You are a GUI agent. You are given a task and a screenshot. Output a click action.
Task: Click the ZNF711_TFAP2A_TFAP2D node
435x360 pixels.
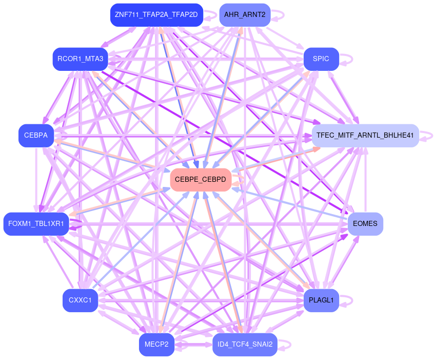[x=156, y=15]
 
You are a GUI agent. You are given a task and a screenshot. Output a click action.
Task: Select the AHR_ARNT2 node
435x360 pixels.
[x=245, y=15]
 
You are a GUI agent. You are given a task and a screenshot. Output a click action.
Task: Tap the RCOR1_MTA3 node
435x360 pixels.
[x=80, y=59]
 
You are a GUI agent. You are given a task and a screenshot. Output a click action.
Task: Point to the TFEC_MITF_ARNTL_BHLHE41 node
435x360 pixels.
[x=365, y=136]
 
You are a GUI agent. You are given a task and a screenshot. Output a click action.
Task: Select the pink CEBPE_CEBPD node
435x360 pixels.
[x=200, y=180]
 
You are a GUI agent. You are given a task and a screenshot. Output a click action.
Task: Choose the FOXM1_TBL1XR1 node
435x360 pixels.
[x=36, y=224]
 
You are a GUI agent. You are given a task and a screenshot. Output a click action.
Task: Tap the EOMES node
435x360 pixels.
[x=365, y=224]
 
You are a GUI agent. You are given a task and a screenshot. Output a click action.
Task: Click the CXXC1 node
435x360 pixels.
[x=80, y=300]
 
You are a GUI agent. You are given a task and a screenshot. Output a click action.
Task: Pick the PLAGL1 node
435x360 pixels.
[x=321, y=300]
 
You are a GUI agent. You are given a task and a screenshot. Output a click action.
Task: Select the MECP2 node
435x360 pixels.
[x=156, y=344]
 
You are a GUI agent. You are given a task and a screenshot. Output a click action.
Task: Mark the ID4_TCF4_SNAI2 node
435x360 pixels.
[x=245, y=344]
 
